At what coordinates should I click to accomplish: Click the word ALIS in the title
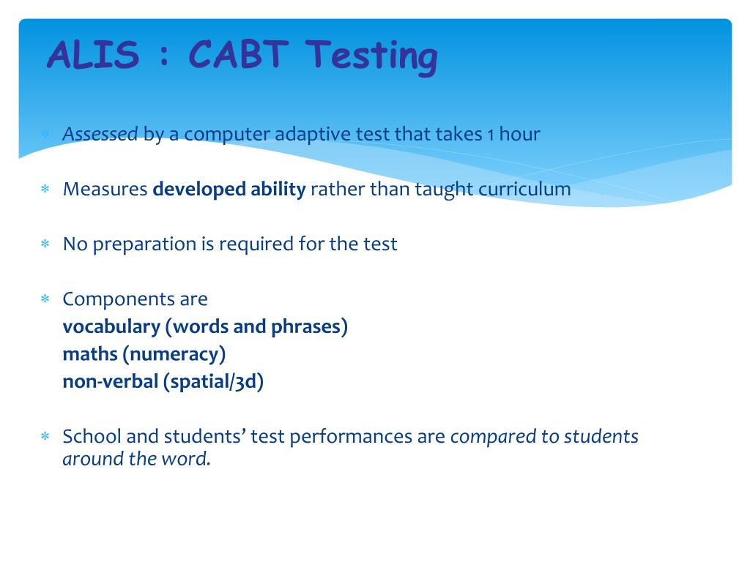click(x=92, y=56)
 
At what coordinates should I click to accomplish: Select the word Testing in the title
click(x=372, y=57)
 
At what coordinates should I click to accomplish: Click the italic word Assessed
click(x=100, y=135)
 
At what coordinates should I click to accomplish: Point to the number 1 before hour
click(x=491, y=135)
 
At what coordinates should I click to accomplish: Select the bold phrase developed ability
click(x=229, y=190)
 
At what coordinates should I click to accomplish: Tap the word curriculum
click(x=524, y=190)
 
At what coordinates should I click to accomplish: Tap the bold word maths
click(x=89, y=354)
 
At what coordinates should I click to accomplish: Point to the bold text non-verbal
click(x=110, y=381)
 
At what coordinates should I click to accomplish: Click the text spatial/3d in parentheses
click(x=214, y=381)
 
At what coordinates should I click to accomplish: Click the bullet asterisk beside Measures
click(x=45, y=190)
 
